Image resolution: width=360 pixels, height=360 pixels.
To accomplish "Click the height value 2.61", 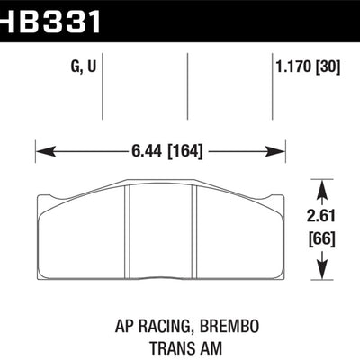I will pyautogui.click(x=322, y=215).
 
